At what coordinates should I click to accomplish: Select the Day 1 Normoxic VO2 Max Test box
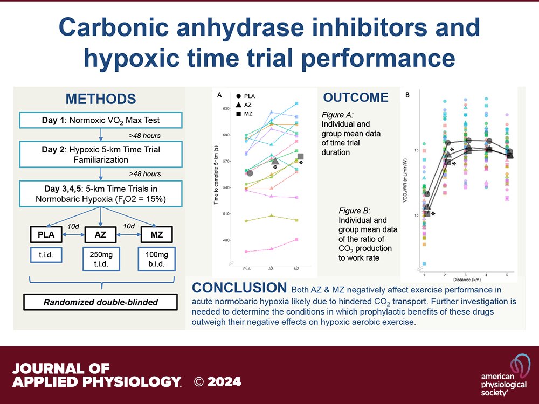click(100, 120)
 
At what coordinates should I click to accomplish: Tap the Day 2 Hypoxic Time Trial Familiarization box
click(100, 154)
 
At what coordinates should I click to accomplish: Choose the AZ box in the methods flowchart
click(101, 235)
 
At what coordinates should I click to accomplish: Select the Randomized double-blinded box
click(100, 302)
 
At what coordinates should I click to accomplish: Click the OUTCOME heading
click(356, 97)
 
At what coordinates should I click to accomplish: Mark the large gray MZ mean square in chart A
click(301, 156)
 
